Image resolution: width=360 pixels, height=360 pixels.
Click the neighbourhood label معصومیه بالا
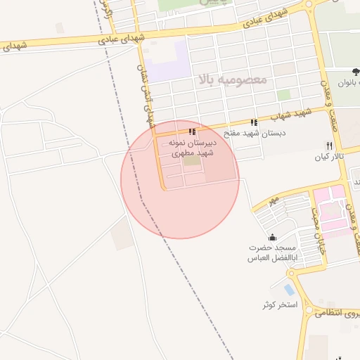pos(233,79)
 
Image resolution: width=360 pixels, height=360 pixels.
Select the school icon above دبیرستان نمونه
pos(193,131)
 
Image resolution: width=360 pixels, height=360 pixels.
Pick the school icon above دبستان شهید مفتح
pos(253,122)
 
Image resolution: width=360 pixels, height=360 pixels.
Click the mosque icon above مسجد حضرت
pos(272,237)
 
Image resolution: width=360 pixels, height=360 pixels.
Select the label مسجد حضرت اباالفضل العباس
pos(272,253)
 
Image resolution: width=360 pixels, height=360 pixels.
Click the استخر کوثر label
pos(280,305)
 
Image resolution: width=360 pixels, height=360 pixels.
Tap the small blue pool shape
pos(289,289)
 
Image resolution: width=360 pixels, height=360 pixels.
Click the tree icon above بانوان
pos(355,71)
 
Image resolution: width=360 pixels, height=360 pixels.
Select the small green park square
pos(283,95)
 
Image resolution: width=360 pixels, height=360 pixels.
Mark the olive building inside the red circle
pos(192,161)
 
